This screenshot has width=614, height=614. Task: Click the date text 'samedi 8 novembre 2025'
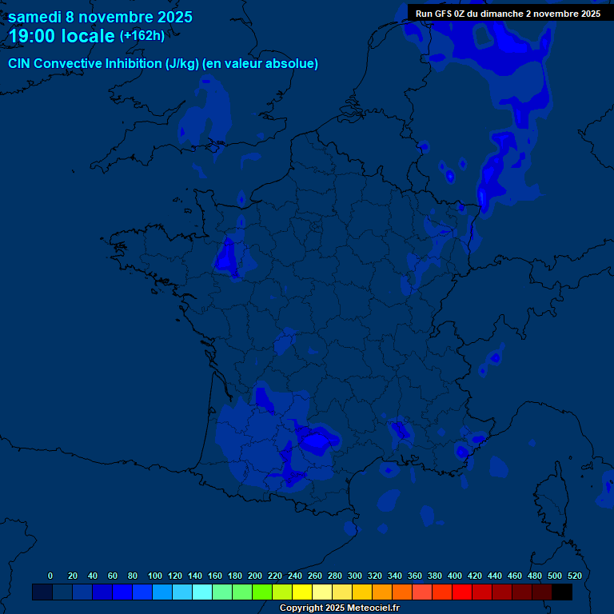pyautogui.click(x=100, y=17)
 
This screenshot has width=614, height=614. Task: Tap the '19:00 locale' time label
pyautogui.click(x=62, y=36)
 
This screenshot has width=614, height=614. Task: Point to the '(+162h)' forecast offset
pyautogui.click(x=142, y=35)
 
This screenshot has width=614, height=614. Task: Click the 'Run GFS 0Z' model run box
pyautogui.click(x=508, y=14)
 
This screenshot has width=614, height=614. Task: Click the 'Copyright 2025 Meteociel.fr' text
pyautogui.click(x=339, y=608)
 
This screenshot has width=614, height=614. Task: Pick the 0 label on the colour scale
pyautogui.click(x=50, y=576)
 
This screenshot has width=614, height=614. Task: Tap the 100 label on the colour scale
pyautogui.click(x=155, y=576)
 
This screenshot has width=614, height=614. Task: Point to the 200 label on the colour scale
pyautogui.click(x=255, y=576)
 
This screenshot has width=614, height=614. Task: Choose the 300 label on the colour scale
pyautogui.click(x=355, y=576)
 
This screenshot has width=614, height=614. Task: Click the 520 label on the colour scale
pyautogui.click(x=574, y=576)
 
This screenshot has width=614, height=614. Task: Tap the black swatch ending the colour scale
pyautogui.click(x=562, y=592)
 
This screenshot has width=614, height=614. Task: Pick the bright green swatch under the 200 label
pyautogui.click(x=262, y=592)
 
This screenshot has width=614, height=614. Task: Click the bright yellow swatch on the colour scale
pyautogui.click(x=302, y=592)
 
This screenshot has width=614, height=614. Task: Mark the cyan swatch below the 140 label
pyautogui.click(x=202, y=592)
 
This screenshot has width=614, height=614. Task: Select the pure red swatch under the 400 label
pyautogui.click(x=462, y=592)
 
